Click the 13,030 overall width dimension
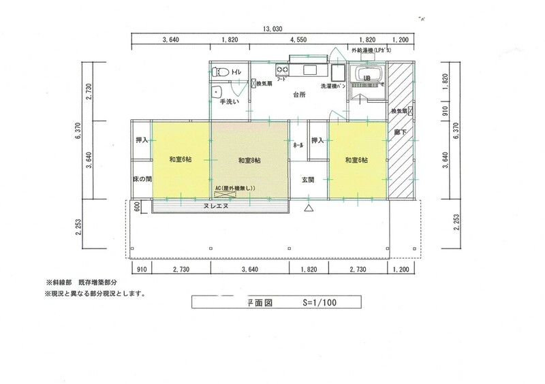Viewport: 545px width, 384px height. click(272, 29)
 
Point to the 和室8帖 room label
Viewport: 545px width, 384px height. click(251, 160)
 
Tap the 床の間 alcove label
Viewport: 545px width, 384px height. click(142, 179)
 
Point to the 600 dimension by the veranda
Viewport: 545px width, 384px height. click(137, 207)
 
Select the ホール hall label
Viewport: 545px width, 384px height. click(298, 146)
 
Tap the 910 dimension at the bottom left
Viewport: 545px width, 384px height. click(140, 270)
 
